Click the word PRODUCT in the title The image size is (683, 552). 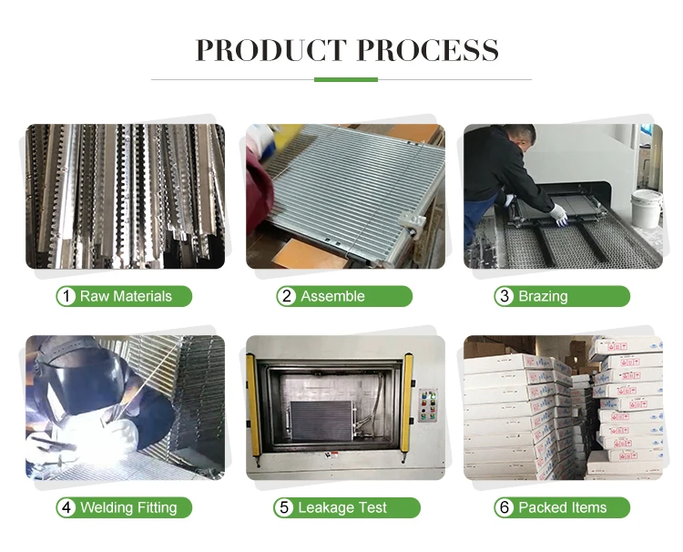coord(271,50)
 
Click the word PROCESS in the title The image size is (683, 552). coord(428,50)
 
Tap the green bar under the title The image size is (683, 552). coord(346,80)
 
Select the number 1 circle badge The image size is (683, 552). coord(66,296)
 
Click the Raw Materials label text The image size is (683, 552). coord(126,296)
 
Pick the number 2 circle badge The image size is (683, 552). coord(286,296)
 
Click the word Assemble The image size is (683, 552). coord(332,296)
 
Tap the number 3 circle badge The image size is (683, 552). coord(505,296)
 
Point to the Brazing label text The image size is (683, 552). coord(543,297)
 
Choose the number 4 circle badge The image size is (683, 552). coord(66,507)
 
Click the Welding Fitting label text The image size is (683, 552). coord(128,508)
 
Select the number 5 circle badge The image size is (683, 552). coord(284,507)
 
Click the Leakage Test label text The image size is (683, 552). coord(342,508)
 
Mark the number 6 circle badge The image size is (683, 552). coord(505,507)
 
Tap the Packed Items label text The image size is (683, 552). coord(563,507)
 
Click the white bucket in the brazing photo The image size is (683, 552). coord(647,209)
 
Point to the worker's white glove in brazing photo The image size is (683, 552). coord(559,215)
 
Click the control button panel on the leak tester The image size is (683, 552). coord(428,405)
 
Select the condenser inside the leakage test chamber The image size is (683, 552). coord(321,421)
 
